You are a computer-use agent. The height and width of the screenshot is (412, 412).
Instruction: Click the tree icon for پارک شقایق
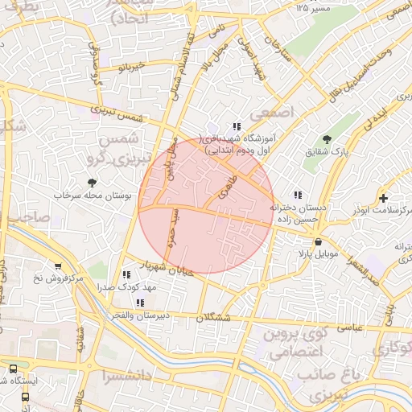pos(326,139)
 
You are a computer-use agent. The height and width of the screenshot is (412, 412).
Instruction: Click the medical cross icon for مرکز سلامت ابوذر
pos(383,198)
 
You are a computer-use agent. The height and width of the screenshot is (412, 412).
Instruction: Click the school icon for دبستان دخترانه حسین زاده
pos(298,195)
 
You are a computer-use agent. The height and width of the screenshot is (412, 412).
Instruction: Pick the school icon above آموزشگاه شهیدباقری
pos(237,126)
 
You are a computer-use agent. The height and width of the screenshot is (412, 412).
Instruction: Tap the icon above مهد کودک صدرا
pos(141,274)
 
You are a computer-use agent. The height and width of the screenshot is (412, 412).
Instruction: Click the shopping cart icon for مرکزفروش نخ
pos(57,266)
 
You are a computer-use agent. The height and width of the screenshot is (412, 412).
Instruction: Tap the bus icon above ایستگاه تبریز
pos(13,369)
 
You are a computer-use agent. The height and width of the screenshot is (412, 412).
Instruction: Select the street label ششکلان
pos(212,318)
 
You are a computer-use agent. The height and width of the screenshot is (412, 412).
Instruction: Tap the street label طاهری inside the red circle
pos(227,189)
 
